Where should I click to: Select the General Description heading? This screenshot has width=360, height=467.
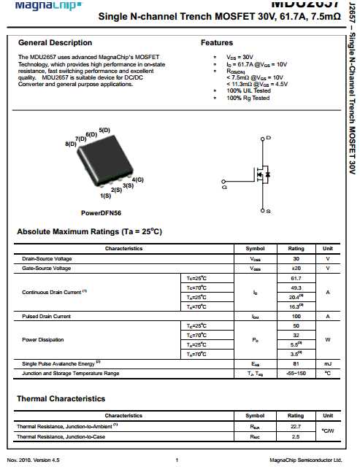pos(55,43)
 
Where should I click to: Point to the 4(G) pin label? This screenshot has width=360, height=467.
pos(137,180)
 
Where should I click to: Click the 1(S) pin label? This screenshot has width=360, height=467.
pos(105,196)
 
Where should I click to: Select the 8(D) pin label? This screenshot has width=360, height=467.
pos(71,144)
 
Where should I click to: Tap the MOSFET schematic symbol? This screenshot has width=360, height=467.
pos(259,174)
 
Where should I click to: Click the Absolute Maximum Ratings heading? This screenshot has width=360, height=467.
pos(89,232)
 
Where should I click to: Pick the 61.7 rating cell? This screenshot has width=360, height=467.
pos(296,278)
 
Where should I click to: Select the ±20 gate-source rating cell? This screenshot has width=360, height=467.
pos(296,268)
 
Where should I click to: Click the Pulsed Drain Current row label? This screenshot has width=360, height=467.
pos(46,316)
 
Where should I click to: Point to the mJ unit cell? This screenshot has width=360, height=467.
pos(327,363)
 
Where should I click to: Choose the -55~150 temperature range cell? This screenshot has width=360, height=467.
pos(296,373)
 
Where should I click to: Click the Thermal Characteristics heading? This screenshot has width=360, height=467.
pos(61,399)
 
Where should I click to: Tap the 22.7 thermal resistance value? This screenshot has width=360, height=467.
pos(296,426)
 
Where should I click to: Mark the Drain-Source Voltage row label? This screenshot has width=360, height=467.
pos(47,258)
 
